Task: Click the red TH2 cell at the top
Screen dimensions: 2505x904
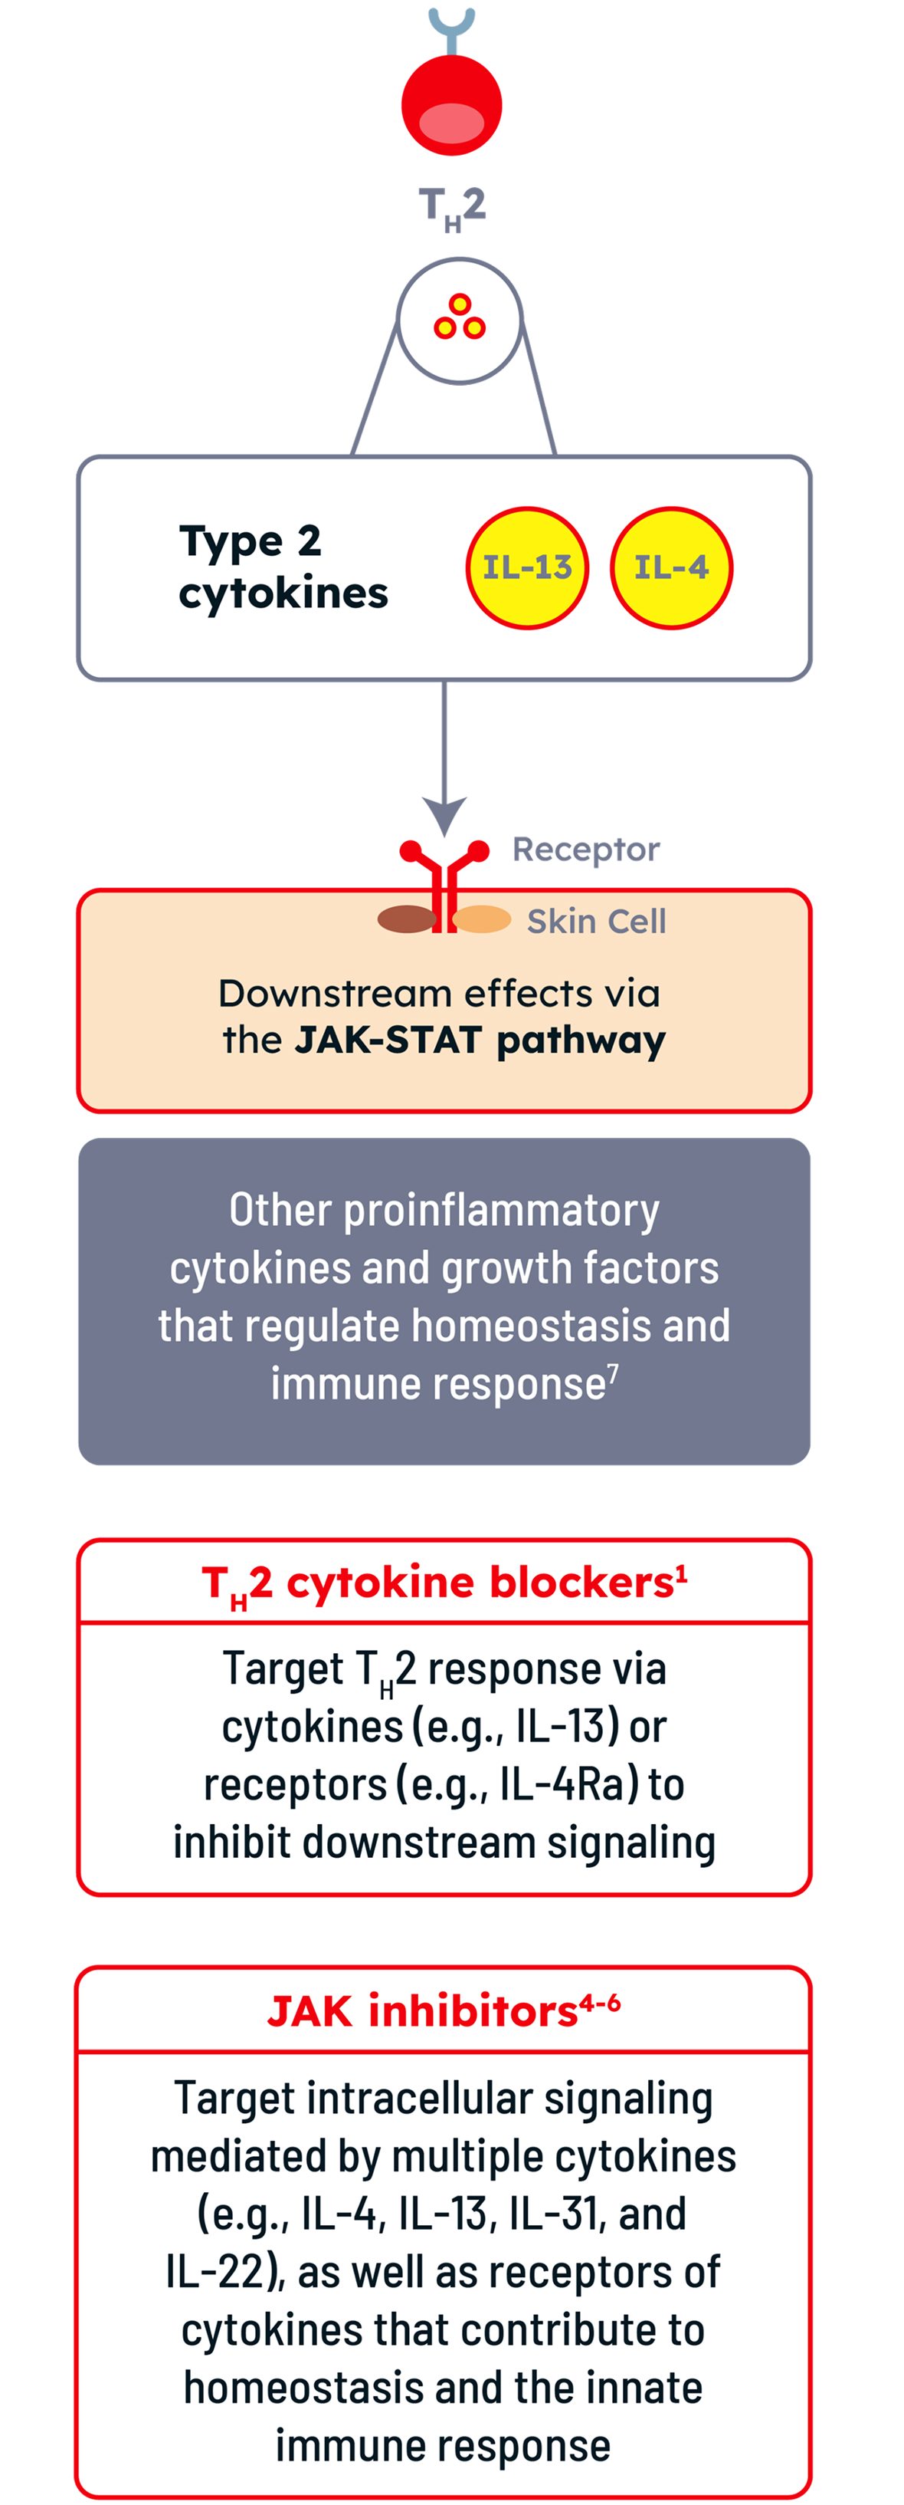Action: [452, 105]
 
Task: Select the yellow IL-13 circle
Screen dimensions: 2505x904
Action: [528, 568]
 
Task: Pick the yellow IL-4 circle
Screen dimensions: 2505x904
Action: [670, 568]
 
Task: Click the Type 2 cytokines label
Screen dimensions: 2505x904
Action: [283, 567]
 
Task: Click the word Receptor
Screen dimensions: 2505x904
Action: [586, 850]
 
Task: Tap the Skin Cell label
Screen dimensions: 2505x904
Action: [596, 921]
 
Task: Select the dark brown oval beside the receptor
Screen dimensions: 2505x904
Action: [406, 919]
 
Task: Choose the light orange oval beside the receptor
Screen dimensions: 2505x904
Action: [482, 919]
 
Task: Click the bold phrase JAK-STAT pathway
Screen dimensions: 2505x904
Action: [480, 1040]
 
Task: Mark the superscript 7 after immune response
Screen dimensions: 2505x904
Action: [614, 1372]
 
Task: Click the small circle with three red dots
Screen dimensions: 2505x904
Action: [460, 319]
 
